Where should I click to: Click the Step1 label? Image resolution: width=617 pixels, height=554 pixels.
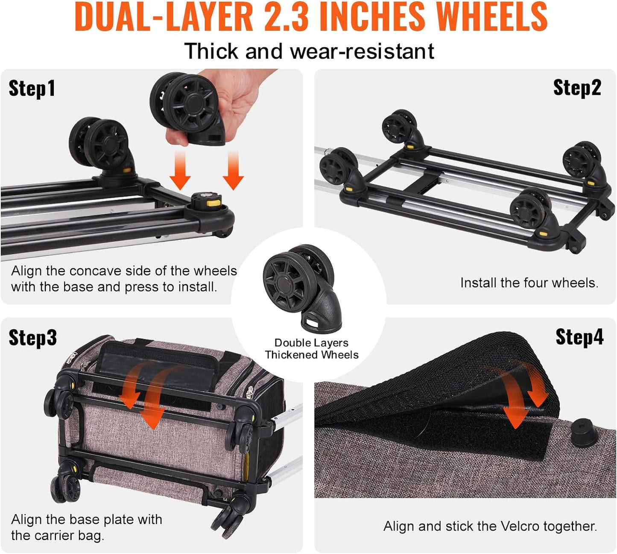32,89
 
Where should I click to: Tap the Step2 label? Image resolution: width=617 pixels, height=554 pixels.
577,88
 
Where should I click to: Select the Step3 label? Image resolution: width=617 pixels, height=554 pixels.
33,338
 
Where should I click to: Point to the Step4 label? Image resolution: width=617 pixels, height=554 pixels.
579,337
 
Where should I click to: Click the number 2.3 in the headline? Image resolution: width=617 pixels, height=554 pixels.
287,17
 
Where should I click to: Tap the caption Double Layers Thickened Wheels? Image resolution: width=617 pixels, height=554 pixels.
312,349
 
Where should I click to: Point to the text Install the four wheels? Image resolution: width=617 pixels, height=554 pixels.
529,283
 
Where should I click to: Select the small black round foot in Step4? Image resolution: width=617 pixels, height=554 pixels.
583,432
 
